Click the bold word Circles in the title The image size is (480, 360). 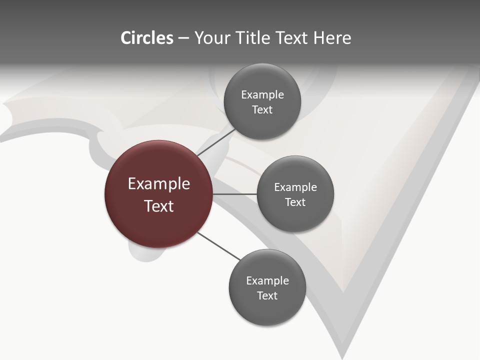(x=147, y=38)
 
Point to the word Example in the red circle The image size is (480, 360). (x=159, y=184)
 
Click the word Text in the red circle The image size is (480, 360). (x=159, y=206)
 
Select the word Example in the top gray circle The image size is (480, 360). (x=262, y=94)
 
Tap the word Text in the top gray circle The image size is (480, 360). (x=262, y=109)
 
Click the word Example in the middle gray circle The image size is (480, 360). (x=295, y=187)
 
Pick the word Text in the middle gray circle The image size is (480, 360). (x=295, y=202)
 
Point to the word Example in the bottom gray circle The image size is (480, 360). (x=267, y=280)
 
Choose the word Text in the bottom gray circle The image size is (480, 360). (x=267, y=295)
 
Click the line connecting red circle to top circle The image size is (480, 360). (x=216, y=142)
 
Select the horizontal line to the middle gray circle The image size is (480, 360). (x=235, y=194)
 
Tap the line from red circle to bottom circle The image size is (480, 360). (x=218, y=246)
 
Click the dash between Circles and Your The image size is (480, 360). (x=183, y=38)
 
